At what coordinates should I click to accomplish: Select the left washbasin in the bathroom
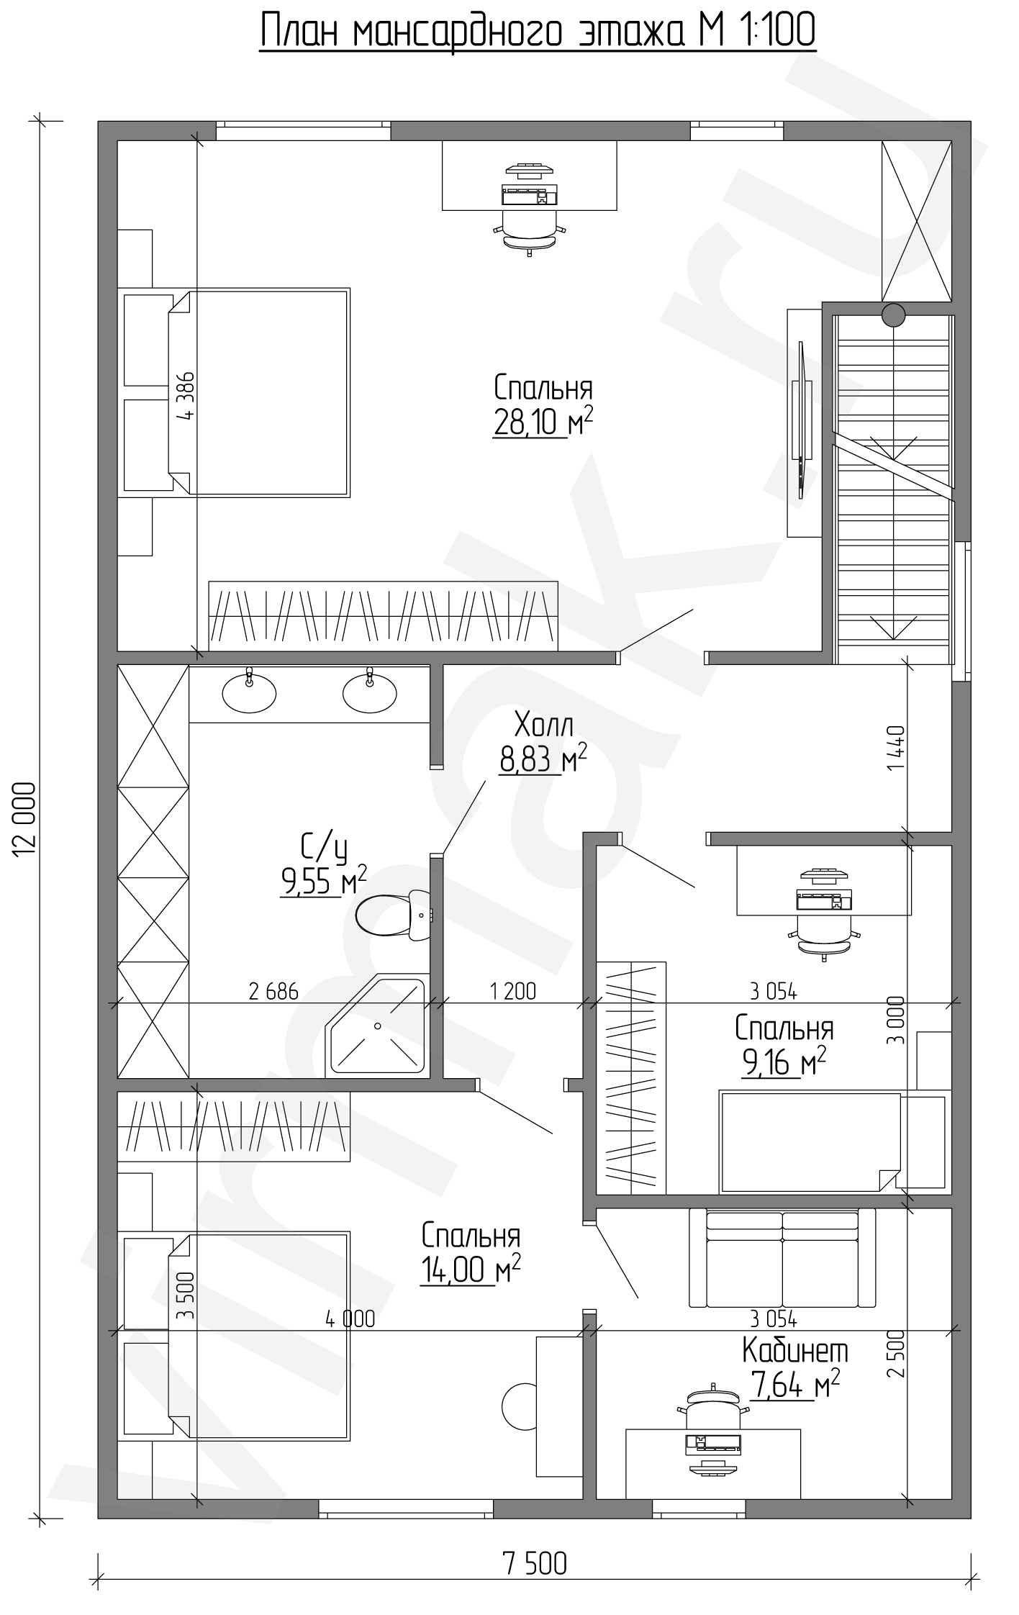249,692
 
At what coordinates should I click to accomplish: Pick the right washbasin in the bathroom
369,692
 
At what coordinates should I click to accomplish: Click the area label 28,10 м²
543,422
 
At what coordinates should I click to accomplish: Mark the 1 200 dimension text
513,992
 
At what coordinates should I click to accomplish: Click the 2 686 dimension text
273,992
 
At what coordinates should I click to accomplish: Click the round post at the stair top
894,315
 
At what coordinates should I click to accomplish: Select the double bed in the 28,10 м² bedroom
237,393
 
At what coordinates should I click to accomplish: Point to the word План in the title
304,31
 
